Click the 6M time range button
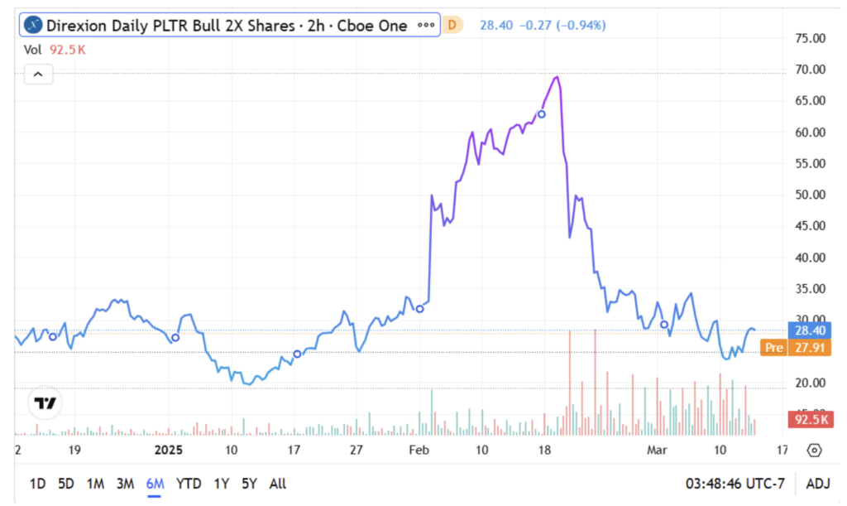coord(155,484)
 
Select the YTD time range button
coord(189,484)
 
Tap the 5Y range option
coord(249,484)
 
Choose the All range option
coord(278,484)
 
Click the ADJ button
coord(817,484)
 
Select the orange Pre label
coord(773,348)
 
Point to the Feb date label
coord(419,450)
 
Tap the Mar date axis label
coord(656,450)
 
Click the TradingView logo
coord(45,403)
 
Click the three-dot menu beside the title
coord(426,25)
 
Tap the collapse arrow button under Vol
coord(38,75)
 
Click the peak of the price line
coord(557,77)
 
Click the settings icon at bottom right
coord(814,450)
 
